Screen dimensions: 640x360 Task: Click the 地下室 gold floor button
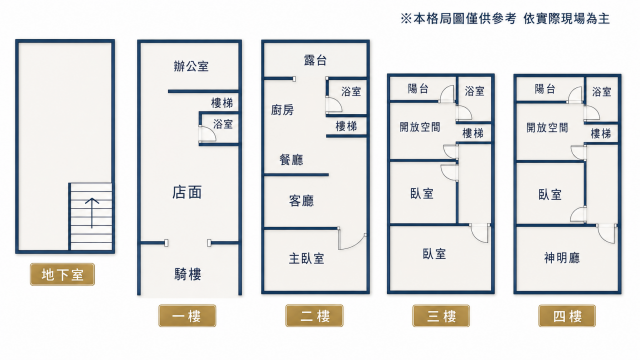(x=62, y=274)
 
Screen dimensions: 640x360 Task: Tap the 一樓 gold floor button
(x=187, y=316)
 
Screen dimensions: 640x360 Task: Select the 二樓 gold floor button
(x=314, y=316)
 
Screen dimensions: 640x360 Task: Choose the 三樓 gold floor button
(x=441, y=316)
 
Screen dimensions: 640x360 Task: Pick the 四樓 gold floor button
(x=567, y=316)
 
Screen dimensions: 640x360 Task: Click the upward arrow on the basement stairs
(x=92, y=213)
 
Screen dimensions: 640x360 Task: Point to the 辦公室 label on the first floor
(x=191, y=66)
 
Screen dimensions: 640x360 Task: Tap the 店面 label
(x=187, y=192)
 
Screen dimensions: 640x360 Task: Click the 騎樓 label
(x=188, y=274)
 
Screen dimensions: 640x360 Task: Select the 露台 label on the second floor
(x=315, y=60)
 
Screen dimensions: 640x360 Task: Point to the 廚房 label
(x=282, y=110)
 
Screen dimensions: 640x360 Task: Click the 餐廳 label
(x=291, y=160)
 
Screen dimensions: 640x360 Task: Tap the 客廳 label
(x=301, y=201)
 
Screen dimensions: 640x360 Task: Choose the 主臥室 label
(x=307, y=258)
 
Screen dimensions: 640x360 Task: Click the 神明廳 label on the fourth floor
(x=562, y=258)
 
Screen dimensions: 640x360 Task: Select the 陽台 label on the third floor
(x=418, y=89)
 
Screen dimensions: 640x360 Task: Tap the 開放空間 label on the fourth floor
(x=547, y=128)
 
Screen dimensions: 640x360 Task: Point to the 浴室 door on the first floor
(x=207, y=134)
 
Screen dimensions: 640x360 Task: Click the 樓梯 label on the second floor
(x=346, y=126)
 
